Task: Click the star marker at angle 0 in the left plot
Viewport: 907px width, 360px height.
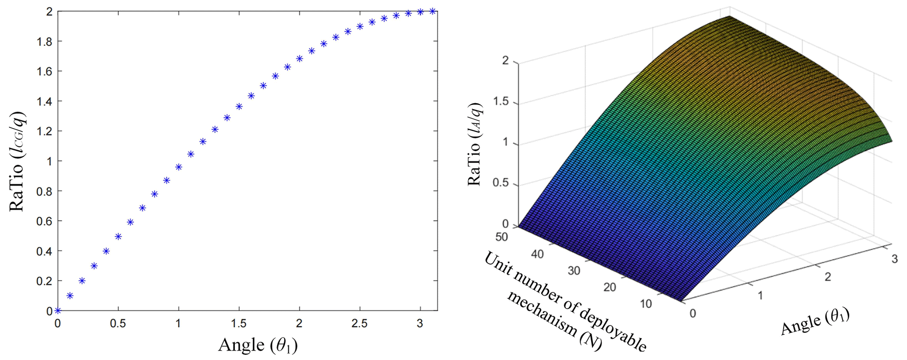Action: [57, 311]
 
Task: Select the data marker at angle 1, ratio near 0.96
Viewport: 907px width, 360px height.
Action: [179, 167]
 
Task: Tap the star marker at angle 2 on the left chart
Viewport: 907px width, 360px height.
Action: [300, 58]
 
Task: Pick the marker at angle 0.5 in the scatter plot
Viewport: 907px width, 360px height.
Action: [118, 237]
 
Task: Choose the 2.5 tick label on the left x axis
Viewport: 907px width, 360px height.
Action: [360, 324]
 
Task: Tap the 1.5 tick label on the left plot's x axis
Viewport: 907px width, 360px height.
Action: [239, 324]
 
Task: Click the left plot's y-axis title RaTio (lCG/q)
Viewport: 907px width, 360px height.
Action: [18, 161]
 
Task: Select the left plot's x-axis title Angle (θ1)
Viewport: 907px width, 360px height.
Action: [258, 345]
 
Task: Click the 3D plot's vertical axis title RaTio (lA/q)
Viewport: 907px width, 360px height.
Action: [475, 144]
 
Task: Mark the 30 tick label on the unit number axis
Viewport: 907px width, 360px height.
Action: [574, 271]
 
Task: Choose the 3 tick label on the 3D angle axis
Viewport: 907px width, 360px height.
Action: [894, 259]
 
